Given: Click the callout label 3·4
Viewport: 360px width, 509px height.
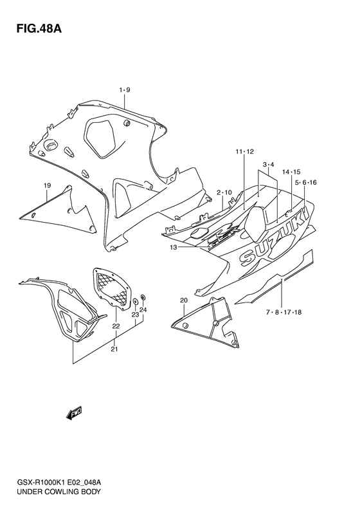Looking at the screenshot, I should click(x=268, y=165).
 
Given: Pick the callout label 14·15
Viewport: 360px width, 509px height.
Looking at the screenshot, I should click(x=292, y=172).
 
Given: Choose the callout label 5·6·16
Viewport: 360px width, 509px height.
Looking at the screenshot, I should click(x=306, y=183).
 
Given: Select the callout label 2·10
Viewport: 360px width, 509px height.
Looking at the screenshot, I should click(x=224, y=192).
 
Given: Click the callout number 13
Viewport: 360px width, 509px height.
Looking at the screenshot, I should click(x=173, y=247).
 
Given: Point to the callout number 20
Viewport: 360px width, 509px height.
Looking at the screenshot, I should click(x=183, y=301).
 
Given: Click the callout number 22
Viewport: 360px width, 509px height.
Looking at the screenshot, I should click(x=116, y=326).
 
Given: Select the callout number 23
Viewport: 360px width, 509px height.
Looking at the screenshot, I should click(x=135, y=315).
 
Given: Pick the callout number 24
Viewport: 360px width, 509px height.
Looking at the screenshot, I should click(x=143, y=310).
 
